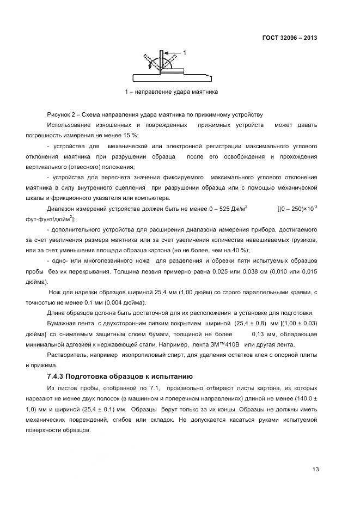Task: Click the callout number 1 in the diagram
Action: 185,53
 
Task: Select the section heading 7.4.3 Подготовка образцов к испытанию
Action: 117,377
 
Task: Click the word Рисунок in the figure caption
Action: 59,114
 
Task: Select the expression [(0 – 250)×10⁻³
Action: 297,208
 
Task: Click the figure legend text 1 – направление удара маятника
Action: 171,92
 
